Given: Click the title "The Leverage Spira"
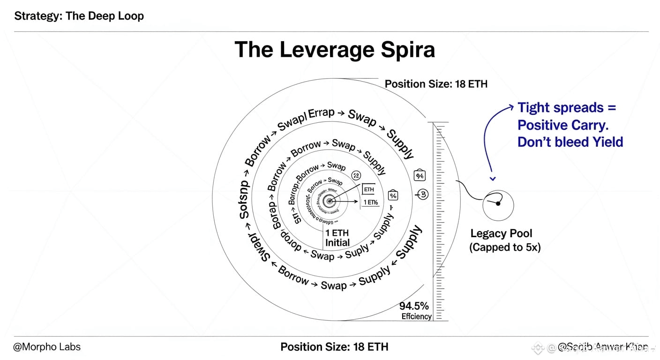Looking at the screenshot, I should pos(335,50).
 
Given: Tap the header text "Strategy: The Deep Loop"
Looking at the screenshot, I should pos(79,16).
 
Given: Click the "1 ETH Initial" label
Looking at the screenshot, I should pos(337,238).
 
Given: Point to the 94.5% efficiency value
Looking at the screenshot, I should pos(414,306).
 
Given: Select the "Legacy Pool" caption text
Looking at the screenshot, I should pos(501,233).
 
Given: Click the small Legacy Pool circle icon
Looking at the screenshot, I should pos(498,205).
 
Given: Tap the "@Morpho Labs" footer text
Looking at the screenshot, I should pos(47,347).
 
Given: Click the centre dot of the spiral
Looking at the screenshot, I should pos(330,201).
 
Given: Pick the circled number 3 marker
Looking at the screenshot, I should pos(422,194).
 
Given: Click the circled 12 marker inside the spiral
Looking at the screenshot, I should pos(356,176).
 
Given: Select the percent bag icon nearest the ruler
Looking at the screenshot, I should pos(420,176).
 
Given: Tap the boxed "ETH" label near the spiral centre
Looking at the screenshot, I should pos(369,189).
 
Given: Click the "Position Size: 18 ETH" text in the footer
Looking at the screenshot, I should pos(334,347).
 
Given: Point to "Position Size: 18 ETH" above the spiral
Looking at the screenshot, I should pos(436,84).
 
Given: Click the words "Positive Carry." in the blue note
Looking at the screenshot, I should pos(563,125).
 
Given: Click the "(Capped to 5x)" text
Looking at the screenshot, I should pos(505,247).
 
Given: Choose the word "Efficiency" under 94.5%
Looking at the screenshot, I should pos(416,316).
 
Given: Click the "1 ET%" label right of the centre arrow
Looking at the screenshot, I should pos(370,202).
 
